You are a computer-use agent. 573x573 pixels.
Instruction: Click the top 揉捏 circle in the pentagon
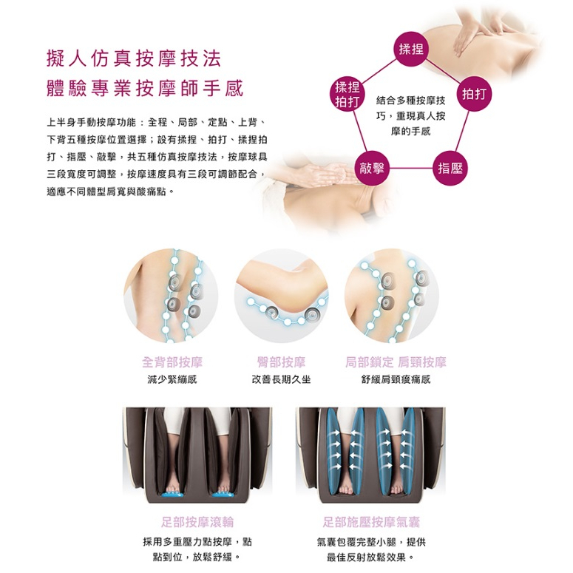tap(411, 49)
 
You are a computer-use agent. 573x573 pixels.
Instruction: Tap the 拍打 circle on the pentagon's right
tap(474, 94)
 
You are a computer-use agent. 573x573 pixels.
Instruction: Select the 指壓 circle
tap(450, 168)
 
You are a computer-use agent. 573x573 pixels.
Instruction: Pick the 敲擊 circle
tap(372, 168)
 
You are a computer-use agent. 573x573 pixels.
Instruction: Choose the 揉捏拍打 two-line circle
tap(347, 94)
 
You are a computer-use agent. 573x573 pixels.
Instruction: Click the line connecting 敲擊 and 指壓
tap(411, 169)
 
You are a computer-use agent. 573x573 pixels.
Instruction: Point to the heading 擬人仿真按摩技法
tap(134, 58)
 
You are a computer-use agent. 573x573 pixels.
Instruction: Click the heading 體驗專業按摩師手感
tap(145, 89)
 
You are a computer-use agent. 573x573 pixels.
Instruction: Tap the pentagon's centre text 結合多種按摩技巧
tap(411, 108)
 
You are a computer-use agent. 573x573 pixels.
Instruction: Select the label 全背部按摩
tap(172, 362)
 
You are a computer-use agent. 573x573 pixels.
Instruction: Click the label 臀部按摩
tap(281, 362)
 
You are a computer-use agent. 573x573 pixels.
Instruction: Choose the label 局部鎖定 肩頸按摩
tap(396, 362)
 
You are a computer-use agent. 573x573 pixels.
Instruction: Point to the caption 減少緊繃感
tap(172, 379)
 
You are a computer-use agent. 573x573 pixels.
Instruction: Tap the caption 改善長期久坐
tap(281, 379)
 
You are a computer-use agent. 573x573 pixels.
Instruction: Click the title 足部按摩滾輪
tap(197, 522)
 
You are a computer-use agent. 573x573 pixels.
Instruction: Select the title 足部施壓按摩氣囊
tap(371, 522)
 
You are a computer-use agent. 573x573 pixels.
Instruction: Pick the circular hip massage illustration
tap(281, 296)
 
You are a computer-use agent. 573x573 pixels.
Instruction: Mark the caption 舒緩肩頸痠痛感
tap(396, 379)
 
